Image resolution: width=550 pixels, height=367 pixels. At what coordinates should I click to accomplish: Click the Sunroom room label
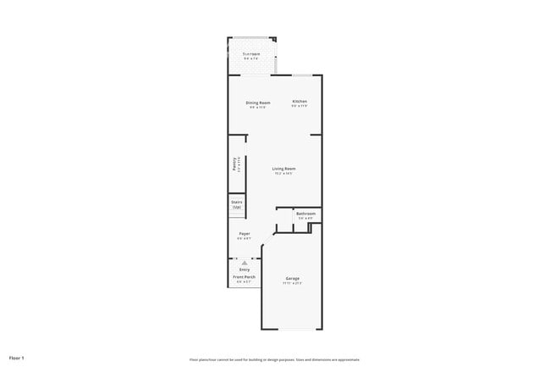click(251, 53)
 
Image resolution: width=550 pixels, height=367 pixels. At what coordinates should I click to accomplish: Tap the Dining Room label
click(257, 102)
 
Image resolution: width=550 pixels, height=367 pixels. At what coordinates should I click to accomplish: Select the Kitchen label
click(300, 102)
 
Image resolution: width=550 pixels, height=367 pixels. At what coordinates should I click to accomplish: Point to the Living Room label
click(283, 169)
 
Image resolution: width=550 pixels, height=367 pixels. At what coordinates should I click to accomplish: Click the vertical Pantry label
click(234, 164)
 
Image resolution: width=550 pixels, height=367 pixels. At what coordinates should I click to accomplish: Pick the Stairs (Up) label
click(237, 204)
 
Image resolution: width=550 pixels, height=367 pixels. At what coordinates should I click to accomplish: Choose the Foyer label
click(244, 233)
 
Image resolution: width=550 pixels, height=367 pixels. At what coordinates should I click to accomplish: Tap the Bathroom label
click(305, 213)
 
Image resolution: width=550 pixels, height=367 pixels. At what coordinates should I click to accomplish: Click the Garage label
click(292, 278)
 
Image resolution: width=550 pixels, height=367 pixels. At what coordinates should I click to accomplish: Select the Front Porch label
click(245, 276)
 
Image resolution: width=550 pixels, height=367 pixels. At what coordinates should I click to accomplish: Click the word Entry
click(244, 270)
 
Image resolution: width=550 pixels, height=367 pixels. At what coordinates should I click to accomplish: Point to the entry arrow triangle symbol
click(244, 263)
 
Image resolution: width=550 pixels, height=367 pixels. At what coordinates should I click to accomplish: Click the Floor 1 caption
click(17, 358)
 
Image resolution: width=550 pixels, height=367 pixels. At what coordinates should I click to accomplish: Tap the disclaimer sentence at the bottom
click(275, 359)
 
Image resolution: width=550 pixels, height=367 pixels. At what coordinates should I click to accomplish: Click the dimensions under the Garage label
click(292, 283)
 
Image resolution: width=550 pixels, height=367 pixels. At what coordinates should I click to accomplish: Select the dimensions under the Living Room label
click(283, 174)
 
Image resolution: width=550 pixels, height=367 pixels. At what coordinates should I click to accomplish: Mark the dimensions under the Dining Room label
click(257, 107)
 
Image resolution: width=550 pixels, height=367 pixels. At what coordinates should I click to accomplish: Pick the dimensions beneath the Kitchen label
click(300, 107)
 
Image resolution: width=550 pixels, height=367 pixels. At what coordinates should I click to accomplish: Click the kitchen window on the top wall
click(303, 75)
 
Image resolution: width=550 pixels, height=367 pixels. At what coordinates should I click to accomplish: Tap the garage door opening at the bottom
click(292, 330)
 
